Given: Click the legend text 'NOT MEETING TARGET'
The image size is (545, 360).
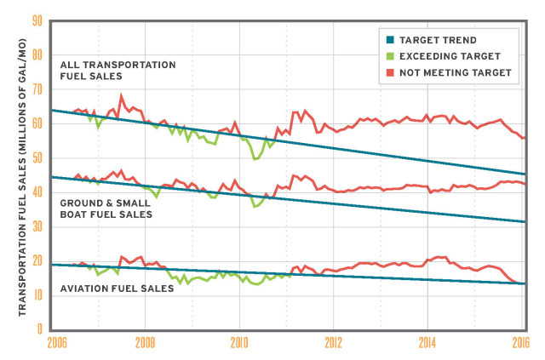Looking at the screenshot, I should point(456,72).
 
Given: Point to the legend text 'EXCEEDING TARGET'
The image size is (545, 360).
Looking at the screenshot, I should point(449,55).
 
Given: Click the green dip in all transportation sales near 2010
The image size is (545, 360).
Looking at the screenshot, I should point(255,158).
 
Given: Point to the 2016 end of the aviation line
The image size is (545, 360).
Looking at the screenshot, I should point(522,283).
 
